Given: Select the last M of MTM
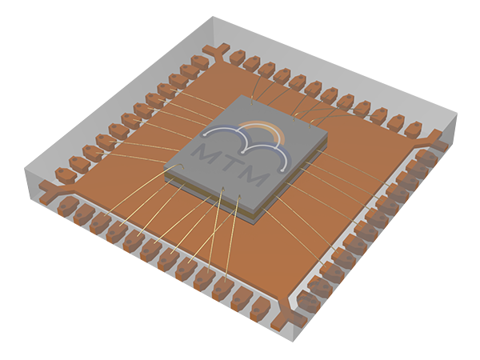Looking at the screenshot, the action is (254, 176).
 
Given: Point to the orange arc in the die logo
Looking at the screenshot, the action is (264, 130).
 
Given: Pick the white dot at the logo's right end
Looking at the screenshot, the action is (282, 170).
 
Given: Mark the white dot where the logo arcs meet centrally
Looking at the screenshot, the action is (242, 152).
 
